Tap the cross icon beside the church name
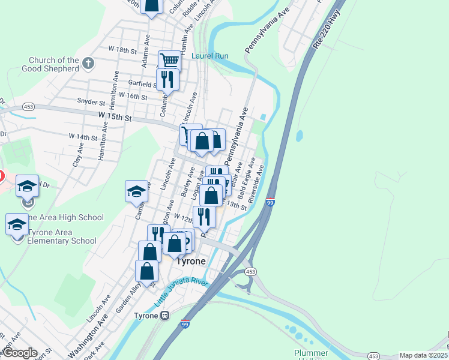[88, 62]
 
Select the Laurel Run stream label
[210, 56]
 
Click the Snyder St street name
[92, 101]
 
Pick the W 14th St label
[83, 137]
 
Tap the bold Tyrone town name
[190, 262]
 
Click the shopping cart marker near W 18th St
[170, 61]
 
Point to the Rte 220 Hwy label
[326, 29]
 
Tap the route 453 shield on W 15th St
[28, 106]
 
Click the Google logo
[19, 353]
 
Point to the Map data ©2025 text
[423, 355]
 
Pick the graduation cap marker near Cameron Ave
[136, 191]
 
